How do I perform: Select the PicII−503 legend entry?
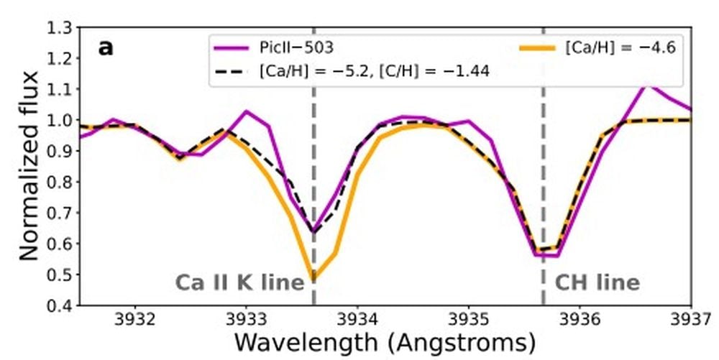[x=296, y=48]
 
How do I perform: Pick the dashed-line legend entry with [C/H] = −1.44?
[x=374, y=72]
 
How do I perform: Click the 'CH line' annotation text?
[x=597, y=282]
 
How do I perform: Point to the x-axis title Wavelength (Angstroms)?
[x=385, y=341]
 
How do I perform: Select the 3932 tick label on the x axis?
[x=135, y=318]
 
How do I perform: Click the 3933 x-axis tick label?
[x=247, y=318]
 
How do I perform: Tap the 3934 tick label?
[x=358, y=318]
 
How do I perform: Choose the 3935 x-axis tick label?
[x=469, y=318]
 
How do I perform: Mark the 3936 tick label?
[x=580, y=318]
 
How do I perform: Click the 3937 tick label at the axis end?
[x=691, y=318]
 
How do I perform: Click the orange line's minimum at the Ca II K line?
[x=313, y=278]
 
